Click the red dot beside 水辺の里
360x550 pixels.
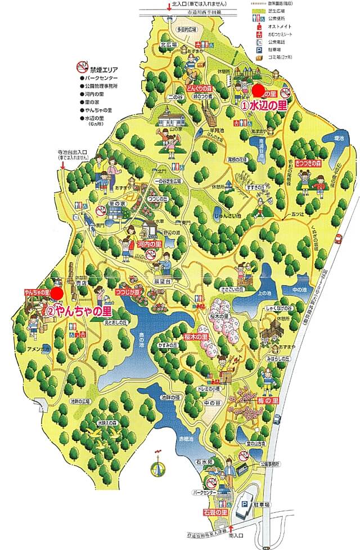258,90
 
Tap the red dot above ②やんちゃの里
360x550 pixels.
57,277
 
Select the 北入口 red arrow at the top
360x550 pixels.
168,7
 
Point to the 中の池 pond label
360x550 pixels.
299,290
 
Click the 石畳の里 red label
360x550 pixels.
215,512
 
